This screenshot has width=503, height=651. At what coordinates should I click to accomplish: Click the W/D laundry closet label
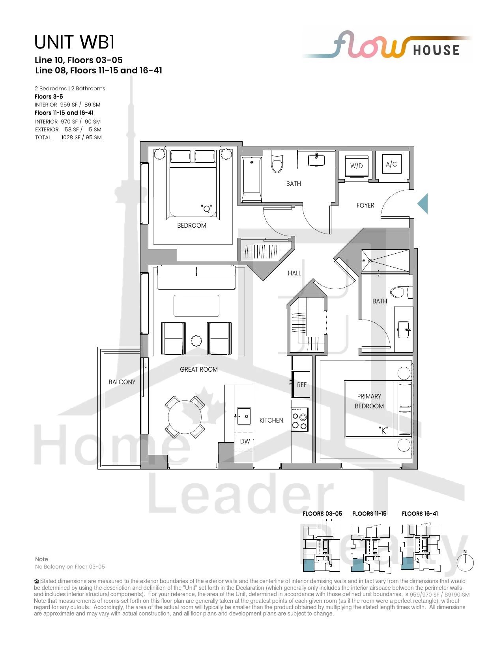356,166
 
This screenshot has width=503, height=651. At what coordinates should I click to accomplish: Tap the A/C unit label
391,164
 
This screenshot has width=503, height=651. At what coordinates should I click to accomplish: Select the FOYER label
365,205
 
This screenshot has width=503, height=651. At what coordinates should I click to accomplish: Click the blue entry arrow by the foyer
423,204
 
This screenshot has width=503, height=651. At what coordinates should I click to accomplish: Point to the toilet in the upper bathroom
277,162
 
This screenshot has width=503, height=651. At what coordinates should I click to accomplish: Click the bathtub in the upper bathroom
252,179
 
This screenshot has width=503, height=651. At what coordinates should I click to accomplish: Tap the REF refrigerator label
302,385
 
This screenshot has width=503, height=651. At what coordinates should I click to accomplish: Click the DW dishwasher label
245,441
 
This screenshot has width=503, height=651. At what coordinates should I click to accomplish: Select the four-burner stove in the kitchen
300,419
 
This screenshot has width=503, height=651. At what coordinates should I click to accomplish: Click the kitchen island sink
243,416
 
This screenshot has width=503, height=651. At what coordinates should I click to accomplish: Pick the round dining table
185,417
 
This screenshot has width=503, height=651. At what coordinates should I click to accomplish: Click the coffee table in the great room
196,306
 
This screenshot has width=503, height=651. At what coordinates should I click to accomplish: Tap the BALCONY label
122,382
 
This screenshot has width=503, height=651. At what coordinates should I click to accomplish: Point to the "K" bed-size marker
383,430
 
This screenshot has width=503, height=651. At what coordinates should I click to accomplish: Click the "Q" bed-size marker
206,208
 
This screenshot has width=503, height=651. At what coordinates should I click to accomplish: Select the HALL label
294,273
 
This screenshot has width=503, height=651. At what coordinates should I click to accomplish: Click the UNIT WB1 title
74,42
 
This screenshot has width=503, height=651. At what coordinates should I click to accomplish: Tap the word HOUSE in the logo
436,51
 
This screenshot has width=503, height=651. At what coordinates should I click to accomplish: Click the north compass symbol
465,560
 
